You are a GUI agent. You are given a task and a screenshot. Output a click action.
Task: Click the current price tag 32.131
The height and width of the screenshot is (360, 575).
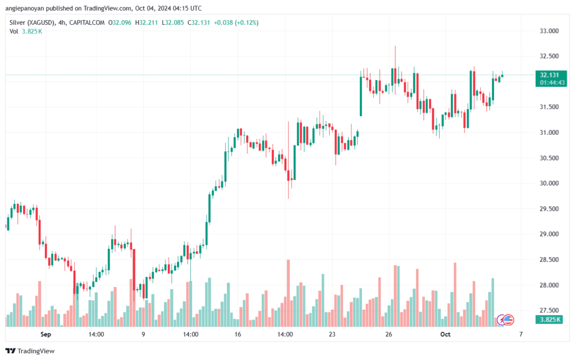pos(549,75)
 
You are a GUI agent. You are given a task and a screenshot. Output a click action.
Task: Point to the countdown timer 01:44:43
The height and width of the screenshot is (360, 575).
pos(552,83)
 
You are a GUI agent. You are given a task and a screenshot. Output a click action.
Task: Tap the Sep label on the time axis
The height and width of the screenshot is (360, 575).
pos(45,334)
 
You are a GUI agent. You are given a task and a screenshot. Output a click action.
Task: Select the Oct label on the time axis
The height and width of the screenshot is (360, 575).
pos(445,334)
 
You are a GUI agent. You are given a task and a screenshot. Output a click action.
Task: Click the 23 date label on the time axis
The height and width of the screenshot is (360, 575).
pos(332,334)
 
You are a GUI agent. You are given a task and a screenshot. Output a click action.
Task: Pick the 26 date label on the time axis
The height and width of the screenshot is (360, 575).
pos(389,334)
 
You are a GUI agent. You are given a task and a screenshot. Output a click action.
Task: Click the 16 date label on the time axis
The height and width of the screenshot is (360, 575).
pos(238,334)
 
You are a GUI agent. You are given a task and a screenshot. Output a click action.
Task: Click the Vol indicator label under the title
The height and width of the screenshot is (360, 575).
pos(15,31)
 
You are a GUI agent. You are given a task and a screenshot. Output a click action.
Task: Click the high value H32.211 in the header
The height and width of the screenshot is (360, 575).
pos(148,22)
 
